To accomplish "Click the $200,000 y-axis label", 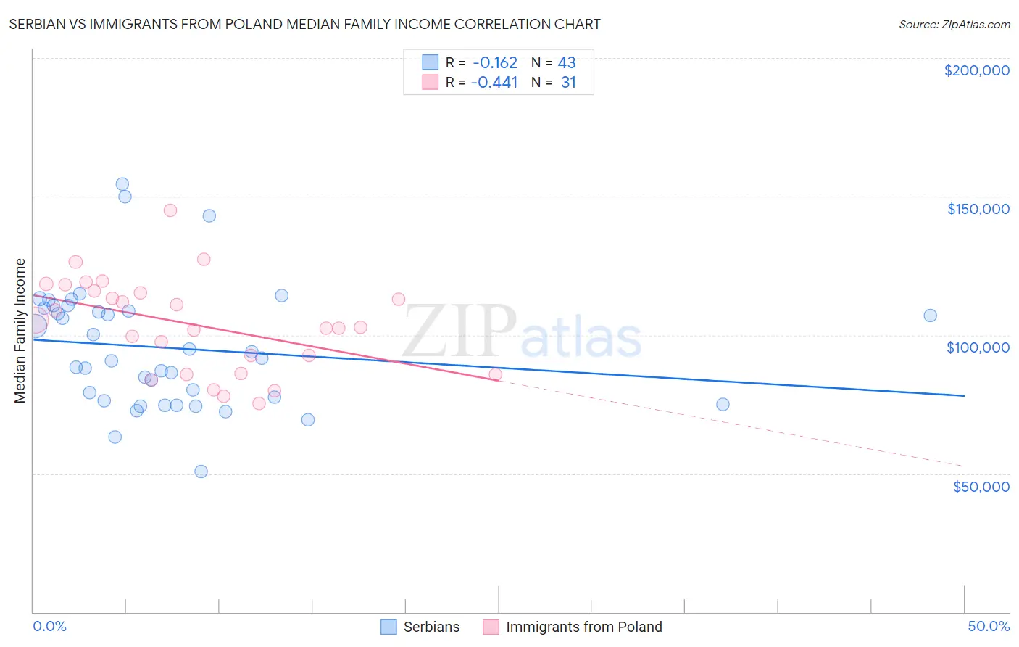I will pyautogui.click(x=976, y=70).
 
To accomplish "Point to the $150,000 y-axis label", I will pyautogui.click(x=978, y=209).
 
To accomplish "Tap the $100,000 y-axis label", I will pyautogui.click(x=978, y=347).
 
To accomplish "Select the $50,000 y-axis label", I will pyautogui.click(x=981, y=486).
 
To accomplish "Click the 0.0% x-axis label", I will pyautogui.click(x=49, y=626).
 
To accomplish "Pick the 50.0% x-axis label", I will pyautogui.click(x=989, y=626).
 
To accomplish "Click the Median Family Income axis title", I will pyautogui.click(x=20, y=331).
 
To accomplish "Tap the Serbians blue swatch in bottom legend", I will pyautogui.click(x=389, y=627).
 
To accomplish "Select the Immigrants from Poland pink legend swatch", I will pyautogui.click(x=491, y=627).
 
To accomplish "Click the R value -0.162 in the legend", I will pyautogui.click(x=494, y=63).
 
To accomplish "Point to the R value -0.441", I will pyautogui.click(x=494, y=83).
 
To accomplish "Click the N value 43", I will pyautogui.click(x=567, y=63).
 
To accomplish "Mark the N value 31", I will pyautogui.click(x=568, y=83).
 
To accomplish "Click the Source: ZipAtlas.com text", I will pyautogui.click(x=954, y=25).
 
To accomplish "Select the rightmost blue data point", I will pyautogui.click(x=930, y=316).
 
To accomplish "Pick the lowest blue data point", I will pyautogui.click(x=201, y=471).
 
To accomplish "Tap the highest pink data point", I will pyautogui.click(x=170, y=210).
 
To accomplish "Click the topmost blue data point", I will pyautogui.click(x=122, y=184).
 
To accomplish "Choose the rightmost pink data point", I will pyautogui.click(x=496, y=374).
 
